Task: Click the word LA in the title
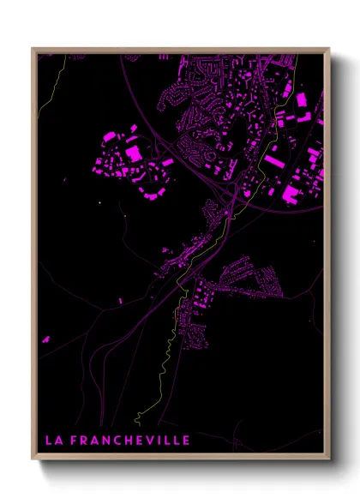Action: [x=52, y=441]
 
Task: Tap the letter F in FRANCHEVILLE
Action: [x=73, y=441]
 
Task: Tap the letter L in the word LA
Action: [x=48, y=441]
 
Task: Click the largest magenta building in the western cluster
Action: [x=134, y=153]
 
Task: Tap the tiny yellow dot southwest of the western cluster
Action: [x=100, y=202]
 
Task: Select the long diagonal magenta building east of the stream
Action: [x=273, y=161]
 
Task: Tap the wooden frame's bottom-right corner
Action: [x=329, y=460]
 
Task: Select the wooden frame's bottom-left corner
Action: [x=33, y=460]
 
